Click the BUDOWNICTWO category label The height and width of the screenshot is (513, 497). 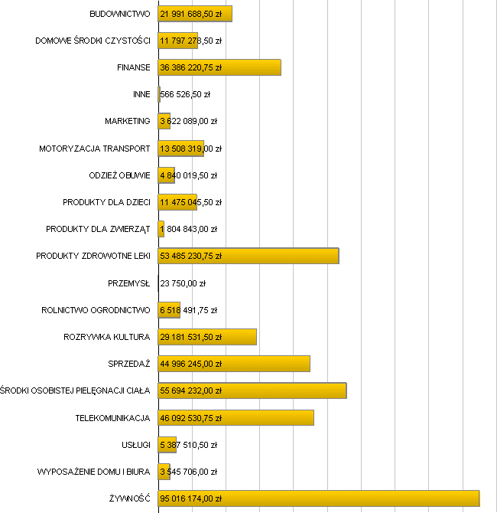click(120, 14)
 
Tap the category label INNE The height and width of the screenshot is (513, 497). click(141, 94)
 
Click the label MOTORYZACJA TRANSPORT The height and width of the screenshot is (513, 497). click(95, 149)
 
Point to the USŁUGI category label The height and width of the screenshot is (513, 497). click(135, 445)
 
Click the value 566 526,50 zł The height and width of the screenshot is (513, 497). click(185, 94)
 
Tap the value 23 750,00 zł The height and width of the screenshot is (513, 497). click(183, 283)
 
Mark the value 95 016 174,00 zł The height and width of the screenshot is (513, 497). click(190, 498)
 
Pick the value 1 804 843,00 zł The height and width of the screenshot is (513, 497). click(188, 229)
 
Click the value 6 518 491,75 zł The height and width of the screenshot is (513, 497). click(188, 310)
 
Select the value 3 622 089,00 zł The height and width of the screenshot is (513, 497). click(188, 121)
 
